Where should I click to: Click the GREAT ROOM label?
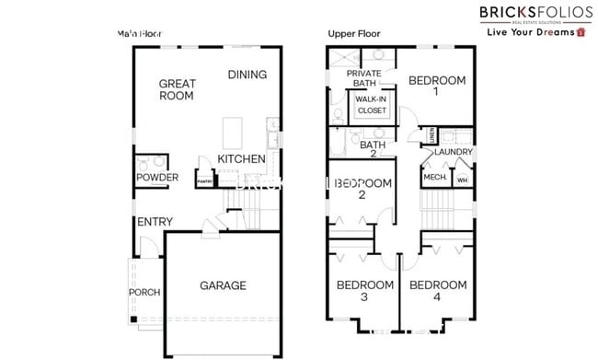[177, 88]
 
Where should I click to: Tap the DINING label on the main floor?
[247, 75]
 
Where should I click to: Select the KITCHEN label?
[241, 159]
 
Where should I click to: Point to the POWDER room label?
[156, 177]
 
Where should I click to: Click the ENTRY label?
[155, 222]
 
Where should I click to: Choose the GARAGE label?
[223, 285]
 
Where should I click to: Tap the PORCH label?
[144, 293]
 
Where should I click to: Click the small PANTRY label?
[204, 181]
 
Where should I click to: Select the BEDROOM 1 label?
[437, 86]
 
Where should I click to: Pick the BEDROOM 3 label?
[364, 291]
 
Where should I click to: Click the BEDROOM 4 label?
[437, 291]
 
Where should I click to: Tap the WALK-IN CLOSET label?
[371, 104]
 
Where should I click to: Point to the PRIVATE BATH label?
[364, 78]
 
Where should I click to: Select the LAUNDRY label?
[454, 152]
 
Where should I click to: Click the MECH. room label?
[433, 177]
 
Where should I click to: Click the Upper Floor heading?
[354, 34]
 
